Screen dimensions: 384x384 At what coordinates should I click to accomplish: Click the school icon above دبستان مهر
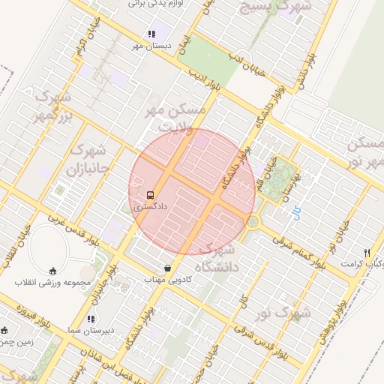click(151, 34)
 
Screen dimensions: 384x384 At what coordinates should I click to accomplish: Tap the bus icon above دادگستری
click(151, 192)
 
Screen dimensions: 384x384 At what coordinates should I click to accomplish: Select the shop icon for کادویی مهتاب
click(166, 268)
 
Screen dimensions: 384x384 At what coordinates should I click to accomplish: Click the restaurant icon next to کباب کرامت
click(366, 253)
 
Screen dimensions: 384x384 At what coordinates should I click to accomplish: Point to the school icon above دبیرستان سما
click(91, 319)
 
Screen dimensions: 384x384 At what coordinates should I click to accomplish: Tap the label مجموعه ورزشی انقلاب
click(52, 282)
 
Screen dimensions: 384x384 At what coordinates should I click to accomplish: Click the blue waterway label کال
click(298, 212)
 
